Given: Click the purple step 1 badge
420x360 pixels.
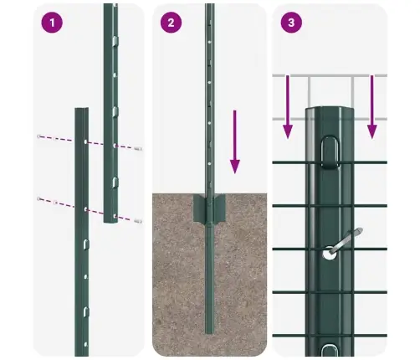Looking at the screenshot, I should coord(53,23).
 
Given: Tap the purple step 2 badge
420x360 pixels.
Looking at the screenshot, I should coord(171,23).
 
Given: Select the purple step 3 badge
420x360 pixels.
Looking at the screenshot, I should coord(290,23).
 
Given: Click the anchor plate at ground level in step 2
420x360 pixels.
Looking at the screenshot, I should coord(207,210).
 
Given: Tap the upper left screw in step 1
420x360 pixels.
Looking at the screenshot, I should coord(38,136).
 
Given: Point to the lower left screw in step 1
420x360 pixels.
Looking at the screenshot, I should coord(38,198).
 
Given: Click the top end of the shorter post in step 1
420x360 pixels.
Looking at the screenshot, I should coord(81,109).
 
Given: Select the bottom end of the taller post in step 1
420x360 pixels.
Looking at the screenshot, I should coord(110,222).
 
